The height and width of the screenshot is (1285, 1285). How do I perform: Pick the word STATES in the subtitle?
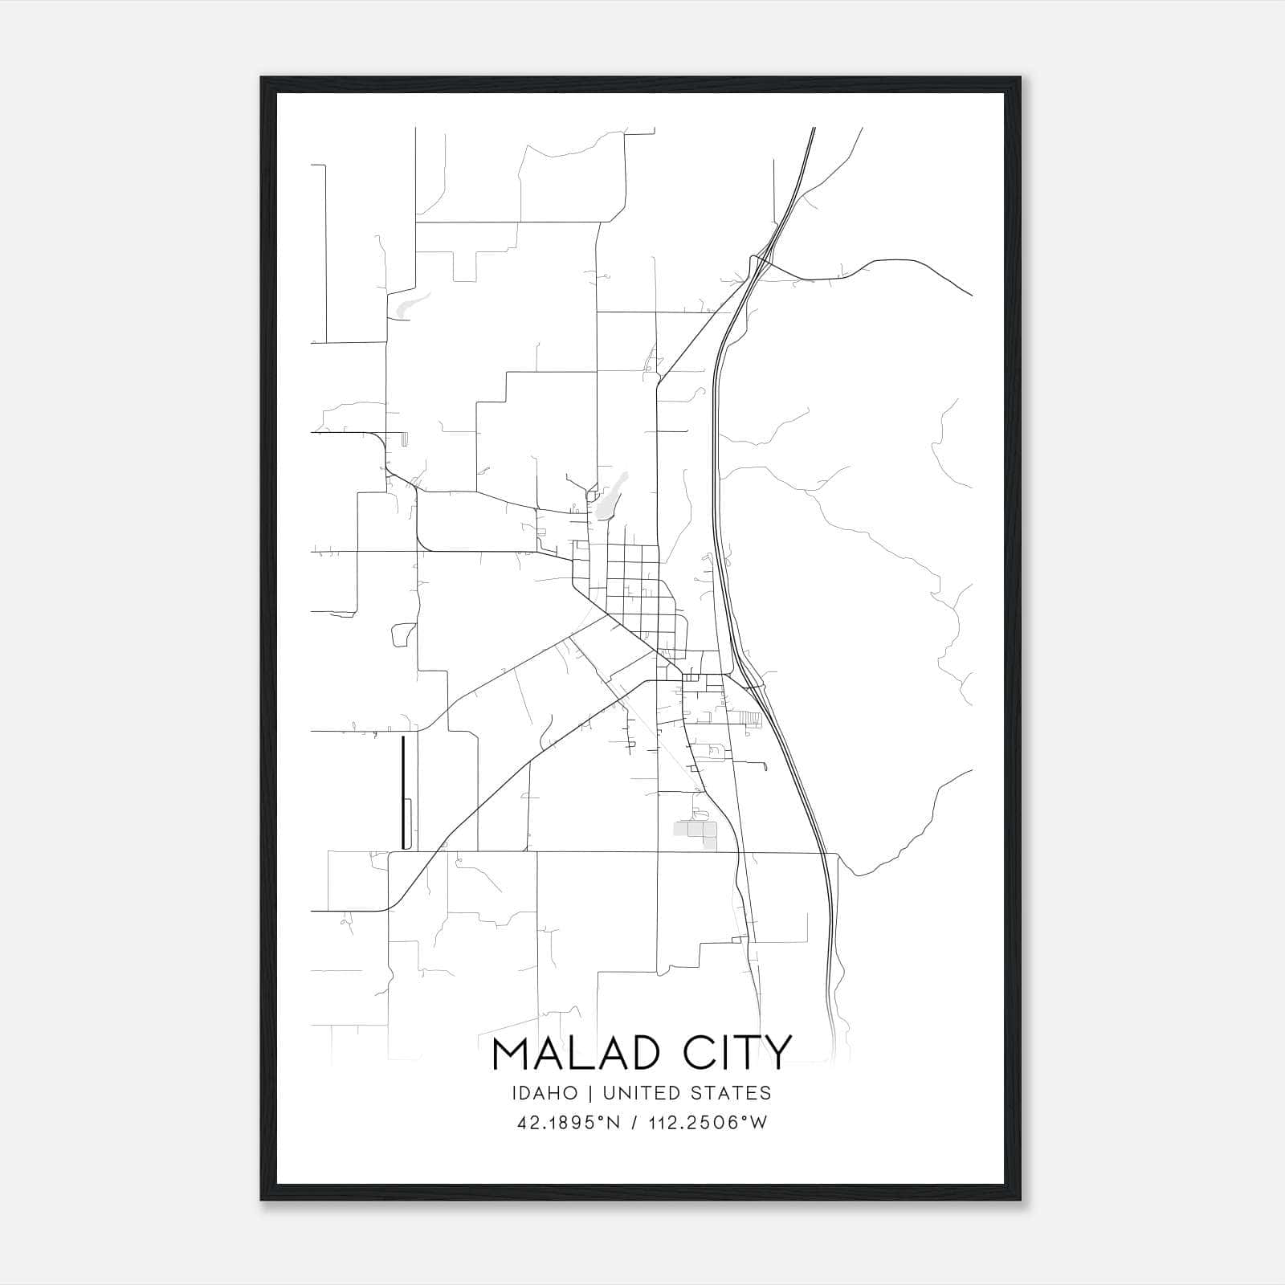729,1093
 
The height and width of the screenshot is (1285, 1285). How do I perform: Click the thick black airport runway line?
402,791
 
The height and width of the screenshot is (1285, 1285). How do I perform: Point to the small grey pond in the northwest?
407,304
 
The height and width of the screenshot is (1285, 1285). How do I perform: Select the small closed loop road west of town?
402,635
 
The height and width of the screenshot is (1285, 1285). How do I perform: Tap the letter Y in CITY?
777,1053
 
